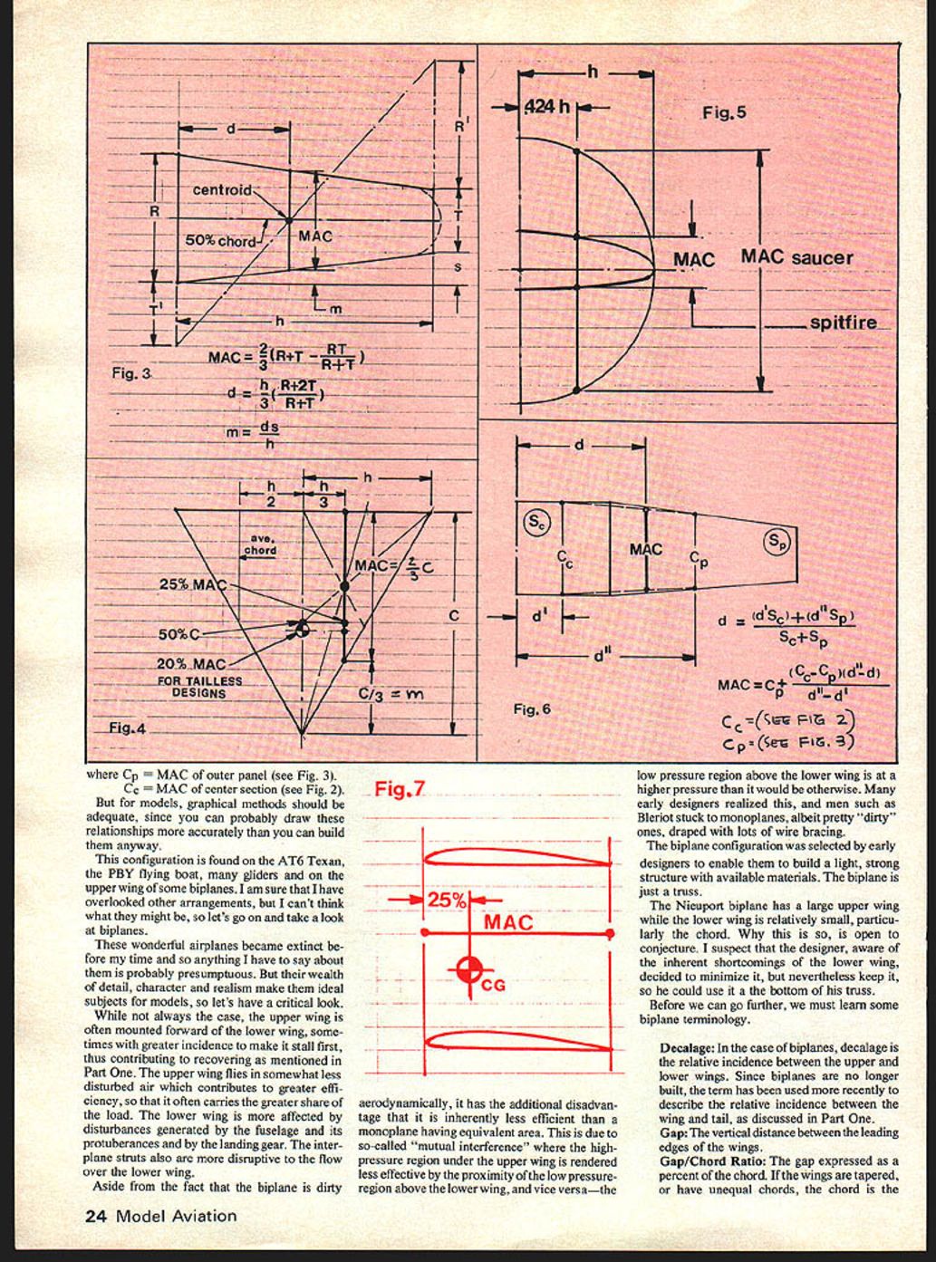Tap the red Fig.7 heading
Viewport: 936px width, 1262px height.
(400, 789)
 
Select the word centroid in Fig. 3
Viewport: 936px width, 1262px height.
(221, 190)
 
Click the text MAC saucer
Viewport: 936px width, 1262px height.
(796, 257)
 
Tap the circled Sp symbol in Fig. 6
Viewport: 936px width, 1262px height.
(777, 542)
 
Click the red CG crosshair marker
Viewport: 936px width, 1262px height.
(469, 970)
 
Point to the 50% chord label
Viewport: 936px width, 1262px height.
(220, 242)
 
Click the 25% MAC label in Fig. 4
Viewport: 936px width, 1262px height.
(192, 584)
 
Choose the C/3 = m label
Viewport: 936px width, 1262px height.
(391, 694)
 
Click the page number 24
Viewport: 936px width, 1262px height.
(96, 1216)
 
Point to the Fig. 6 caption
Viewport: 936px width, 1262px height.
(532, 708)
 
